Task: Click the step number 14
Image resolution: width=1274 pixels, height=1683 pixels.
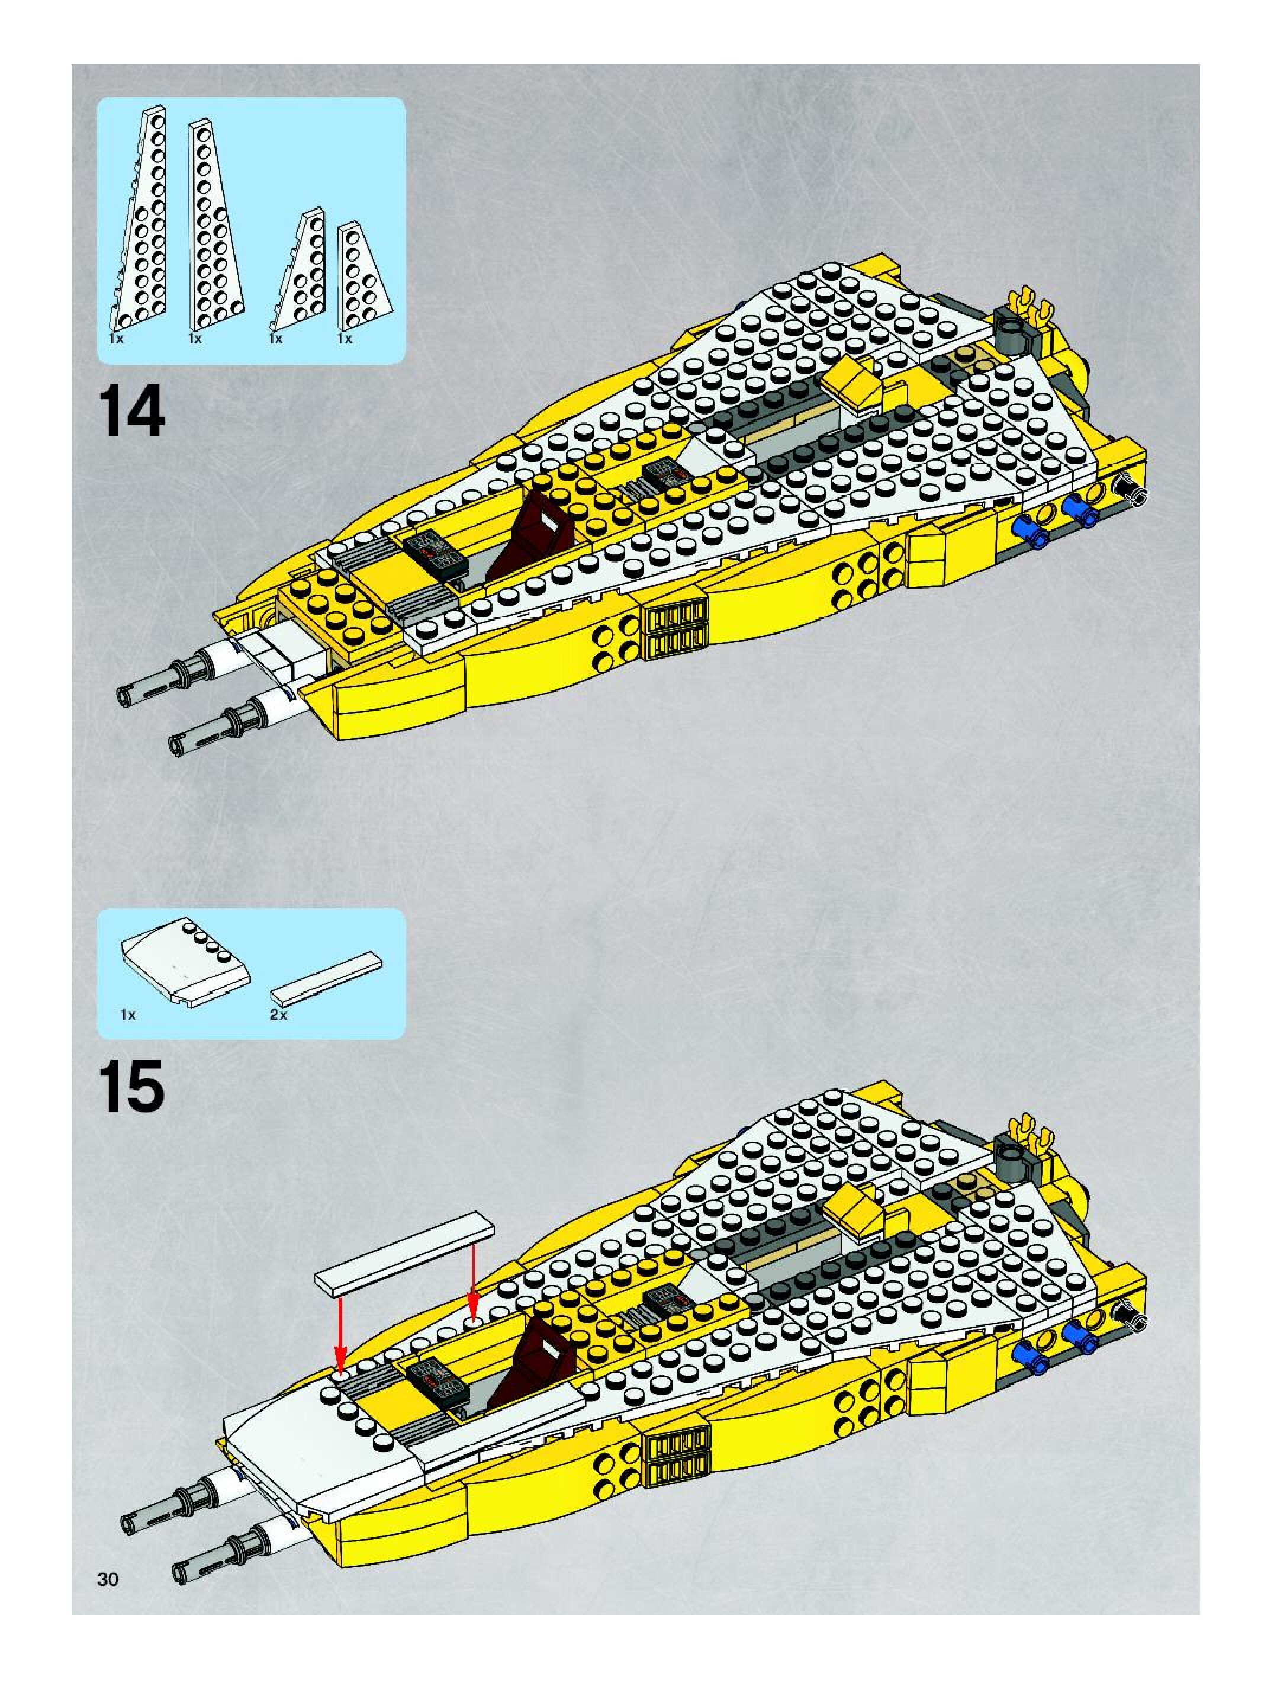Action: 131,412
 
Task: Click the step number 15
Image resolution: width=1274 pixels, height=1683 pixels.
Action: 131,1087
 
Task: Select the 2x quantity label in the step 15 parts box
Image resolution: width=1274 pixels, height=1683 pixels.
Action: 279,1015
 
